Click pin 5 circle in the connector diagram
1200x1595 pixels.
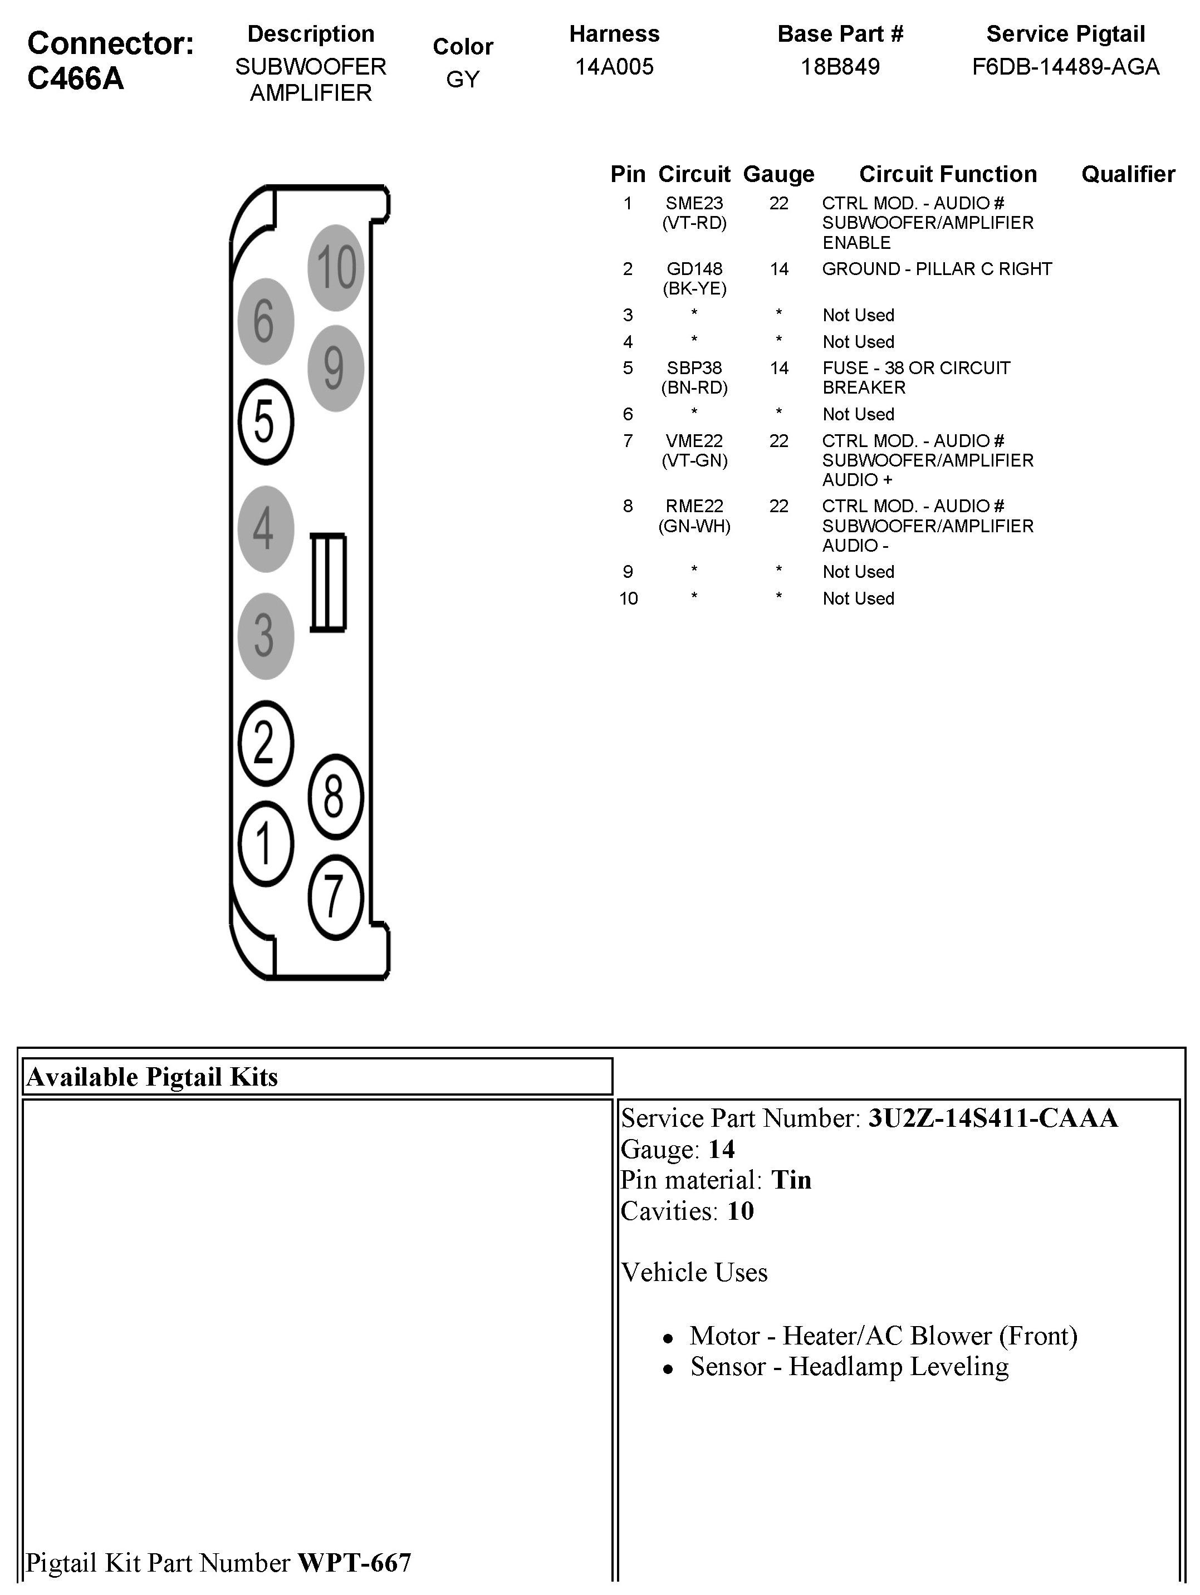(x=266, y=422)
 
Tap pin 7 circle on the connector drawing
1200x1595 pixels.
(x=335, y=896)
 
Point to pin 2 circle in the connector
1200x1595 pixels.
(x=266, y=743)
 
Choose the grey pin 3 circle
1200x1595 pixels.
(x=266, y=636)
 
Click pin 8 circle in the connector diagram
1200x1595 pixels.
(x=335, y=797)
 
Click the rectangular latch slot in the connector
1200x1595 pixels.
(x=328, y=583)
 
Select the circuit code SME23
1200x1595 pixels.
(x=694, y=203)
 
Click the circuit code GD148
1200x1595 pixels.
(x=694, y=269)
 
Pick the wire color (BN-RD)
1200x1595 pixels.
(x=694, y=388)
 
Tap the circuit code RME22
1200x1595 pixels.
(x=694, y=506)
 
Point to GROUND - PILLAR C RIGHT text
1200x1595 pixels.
(x=937, y=269)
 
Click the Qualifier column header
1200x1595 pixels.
(x=1128, y=174)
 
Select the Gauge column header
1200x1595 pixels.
(x=778, y=174)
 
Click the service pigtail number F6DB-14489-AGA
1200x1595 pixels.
(x=1065, y=67)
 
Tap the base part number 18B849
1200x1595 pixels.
(x=840, y=67)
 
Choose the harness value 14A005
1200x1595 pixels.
(x=614, y=67)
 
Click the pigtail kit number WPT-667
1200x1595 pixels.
(x=354, y=1562)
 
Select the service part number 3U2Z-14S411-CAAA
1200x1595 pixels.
(x=992, y=1118)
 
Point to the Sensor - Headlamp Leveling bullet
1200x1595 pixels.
(x=849, y=1366)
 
